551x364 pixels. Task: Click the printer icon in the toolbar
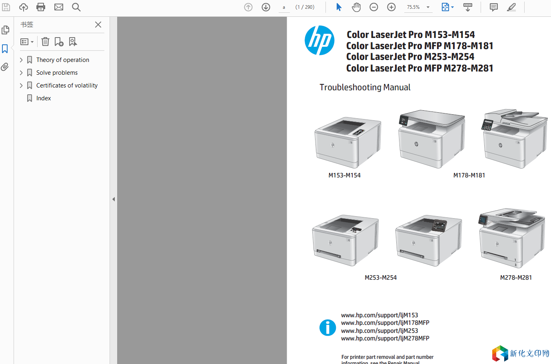point(41,7)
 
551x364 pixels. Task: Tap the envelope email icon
point(58,7)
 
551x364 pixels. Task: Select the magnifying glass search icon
point(76,7)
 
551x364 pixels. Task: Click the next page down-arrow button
point(266,7)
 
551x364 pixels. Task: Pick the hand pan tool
point(356,7)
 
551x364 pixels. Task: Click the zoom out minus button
point(373,7)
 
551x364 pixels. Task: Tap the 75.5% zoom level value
point(413,7)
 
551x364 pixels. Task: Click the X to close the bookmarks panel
point(98,25)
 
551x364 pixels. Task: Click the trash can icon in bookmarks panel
point(45,42)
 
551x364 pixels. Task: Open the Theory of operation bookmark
point(62,60)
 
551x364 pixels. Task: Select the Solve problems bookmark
point(57,72)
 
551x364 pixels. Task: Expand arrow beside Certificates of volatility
point(21,85)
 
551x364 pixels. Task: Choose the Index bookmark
point(44,98)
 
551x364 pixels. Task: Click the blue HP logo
point(319,40)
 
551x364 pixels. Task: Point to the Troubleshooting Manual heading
point(365,87)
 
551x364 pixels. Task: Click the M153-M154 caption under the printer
point(344,175)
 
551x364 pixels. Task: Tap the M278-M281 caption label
point(516,277)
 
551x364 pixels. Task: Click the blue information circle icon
point(327,328)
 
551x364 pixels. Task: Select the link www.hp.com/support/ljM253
point(379,330)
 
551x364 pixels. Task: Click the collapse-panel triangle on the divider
point(114,199)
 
